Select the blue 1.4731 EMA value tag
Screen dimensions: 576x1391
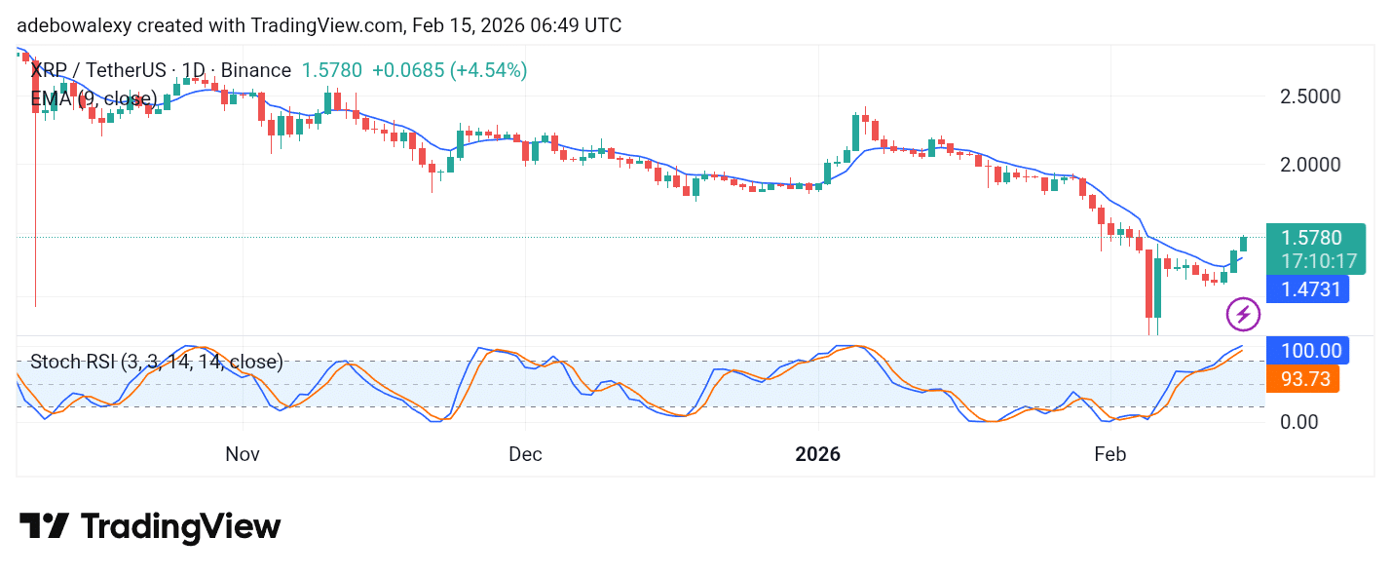[x=1306, y=288]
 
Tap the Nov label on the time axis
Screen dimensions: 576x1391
[x=243, y=454]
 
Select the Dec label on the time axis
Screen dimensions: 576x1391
[x=525, y=454]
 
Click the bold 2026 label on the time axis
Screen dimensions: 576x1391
[x=818, y=454]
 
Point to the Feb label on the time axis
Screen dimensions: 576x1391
[x=1110, y=454]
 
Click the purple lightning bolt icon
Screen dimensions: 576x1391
[x=1242, y=315]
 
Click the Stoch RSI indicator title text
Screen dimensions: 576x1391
[x=156, y=363]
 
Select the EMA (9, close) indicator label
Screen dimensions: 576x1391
[x=94, y=98]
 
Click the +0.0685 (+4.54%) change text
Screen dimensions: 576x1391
[x=449, y=70]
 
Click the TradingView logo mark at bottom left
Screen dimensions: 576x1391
[x=44, y=526]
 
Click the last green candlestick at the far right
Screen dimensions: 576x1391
[x=1244, y=244]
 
